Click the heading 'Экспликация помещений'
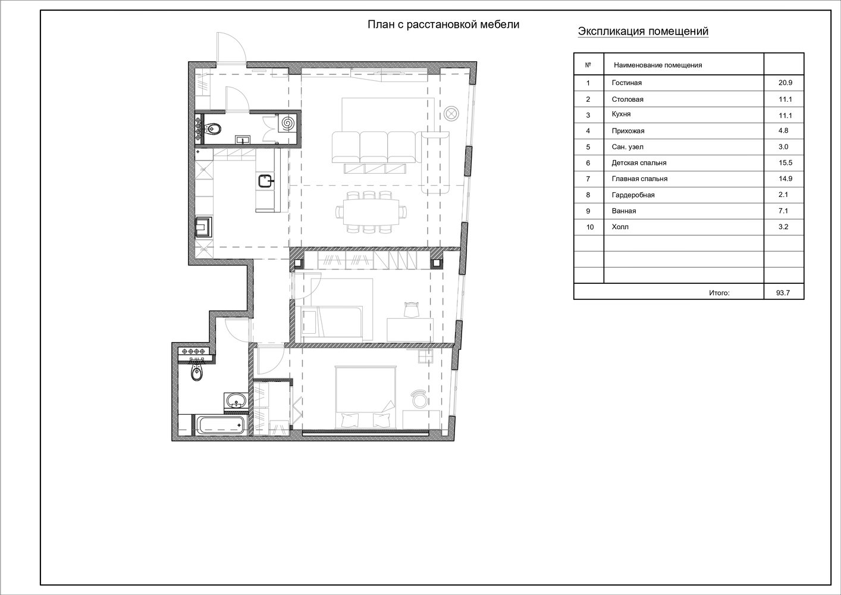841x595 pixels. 643,31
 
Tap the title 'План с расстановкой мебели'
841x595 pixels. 444,24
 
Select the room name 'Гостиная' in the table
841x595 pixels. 627,83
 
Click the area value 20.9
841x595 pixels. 786,83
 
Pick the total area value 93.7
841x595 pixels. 783,293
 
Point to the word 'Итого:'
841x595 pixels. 719,293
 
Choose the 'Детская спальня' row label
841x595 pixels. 639,163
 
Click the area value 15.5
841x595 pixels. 786,162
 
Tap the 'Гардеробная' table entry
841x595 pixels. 633,195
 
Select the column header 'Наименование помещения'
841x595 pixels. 658,65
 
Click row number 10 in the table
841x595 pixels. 590,227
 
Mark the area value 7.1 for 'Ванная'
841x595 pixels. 783,211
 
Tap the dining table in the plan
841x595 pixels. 371,211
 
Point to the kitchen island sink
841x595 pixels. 266,181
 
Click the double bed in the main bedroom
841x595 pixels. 366,397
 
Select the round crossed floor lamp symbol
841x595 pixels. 451,114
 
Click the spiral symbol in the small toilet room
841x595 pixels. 288,123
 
